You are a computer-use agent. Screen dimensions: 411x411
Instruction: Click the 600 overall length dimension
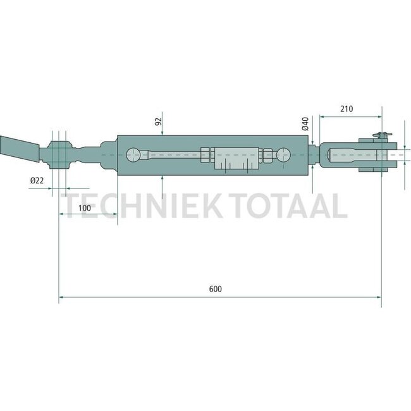click(215, 289)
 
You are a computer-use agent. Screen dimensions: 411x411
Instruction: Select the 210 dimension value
click(346, 109)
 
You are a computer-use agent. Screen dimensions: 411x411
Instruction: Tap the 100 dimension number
click(83, 208)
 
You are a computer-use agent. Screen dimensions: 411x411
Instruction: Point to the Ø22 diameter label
click(37, 181)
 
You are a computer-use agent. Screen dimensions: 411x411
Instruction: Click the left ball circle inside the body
click(135, 155)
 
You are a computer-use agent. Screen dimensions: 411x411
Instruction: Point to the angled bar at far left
click(19, 150)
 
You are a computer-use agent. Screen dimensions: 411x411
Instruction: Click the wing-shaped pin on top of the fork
click(379, 135)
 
